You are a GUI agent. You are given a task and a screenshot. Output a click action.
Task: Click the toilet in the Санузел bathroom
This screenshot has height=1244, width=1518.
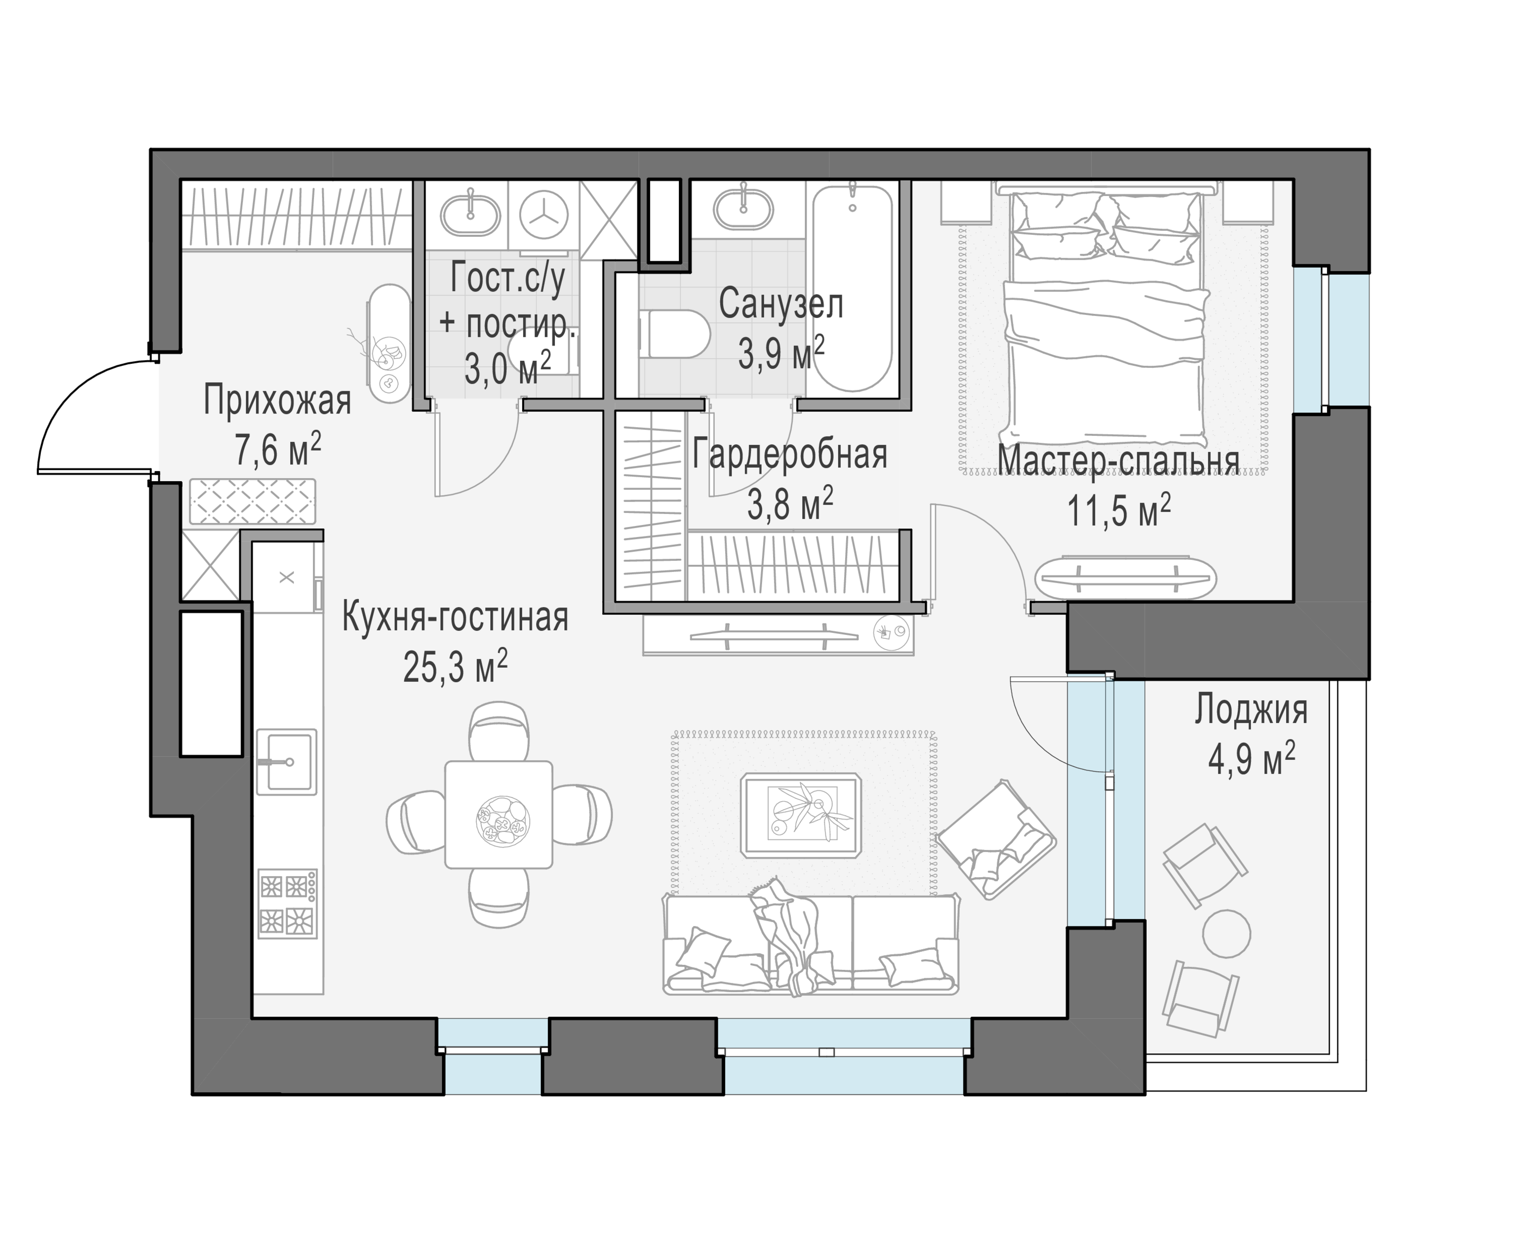pyautogui.click(x=674, y=334)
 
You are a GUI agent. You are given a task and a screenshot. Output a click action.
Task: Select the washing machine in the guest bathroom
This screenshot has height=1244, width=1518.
pyautogui.click(x=544, y=213)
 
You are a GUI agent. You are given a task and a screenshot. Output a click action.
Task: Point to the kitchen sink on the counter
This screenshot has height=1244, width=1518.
pyautogui.click(x=287, y=762)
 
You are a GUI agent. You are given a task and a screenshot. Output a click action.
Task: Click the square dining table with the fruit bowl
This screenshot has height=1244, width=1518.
pyautogui.click(x=499, y=814)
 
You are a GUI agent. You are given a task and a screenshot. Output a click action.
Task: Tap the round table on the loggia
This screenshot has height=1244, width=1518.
pyautogui.click(x=1226, y=933)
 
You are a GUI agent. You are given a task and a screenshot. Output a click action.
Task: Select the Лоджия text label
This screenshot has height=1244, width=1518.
pyautogui.click(x=1251, y=710)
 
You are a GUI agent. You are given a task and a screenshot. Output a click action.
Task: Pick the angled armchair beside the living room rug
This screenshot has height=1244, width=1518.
pyautogui.click(x=996, y=840)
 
